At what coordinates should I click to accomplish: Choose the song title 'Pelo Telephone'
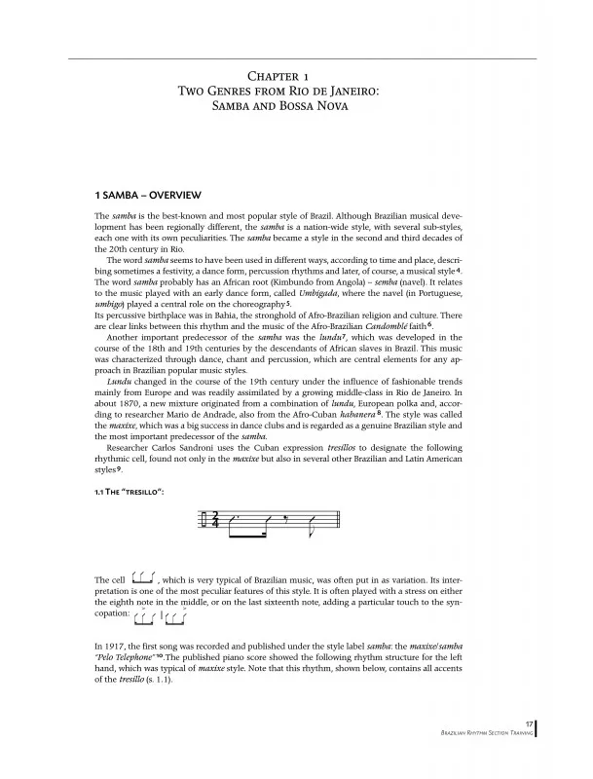pyautogui.click(x=130, y=657)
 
